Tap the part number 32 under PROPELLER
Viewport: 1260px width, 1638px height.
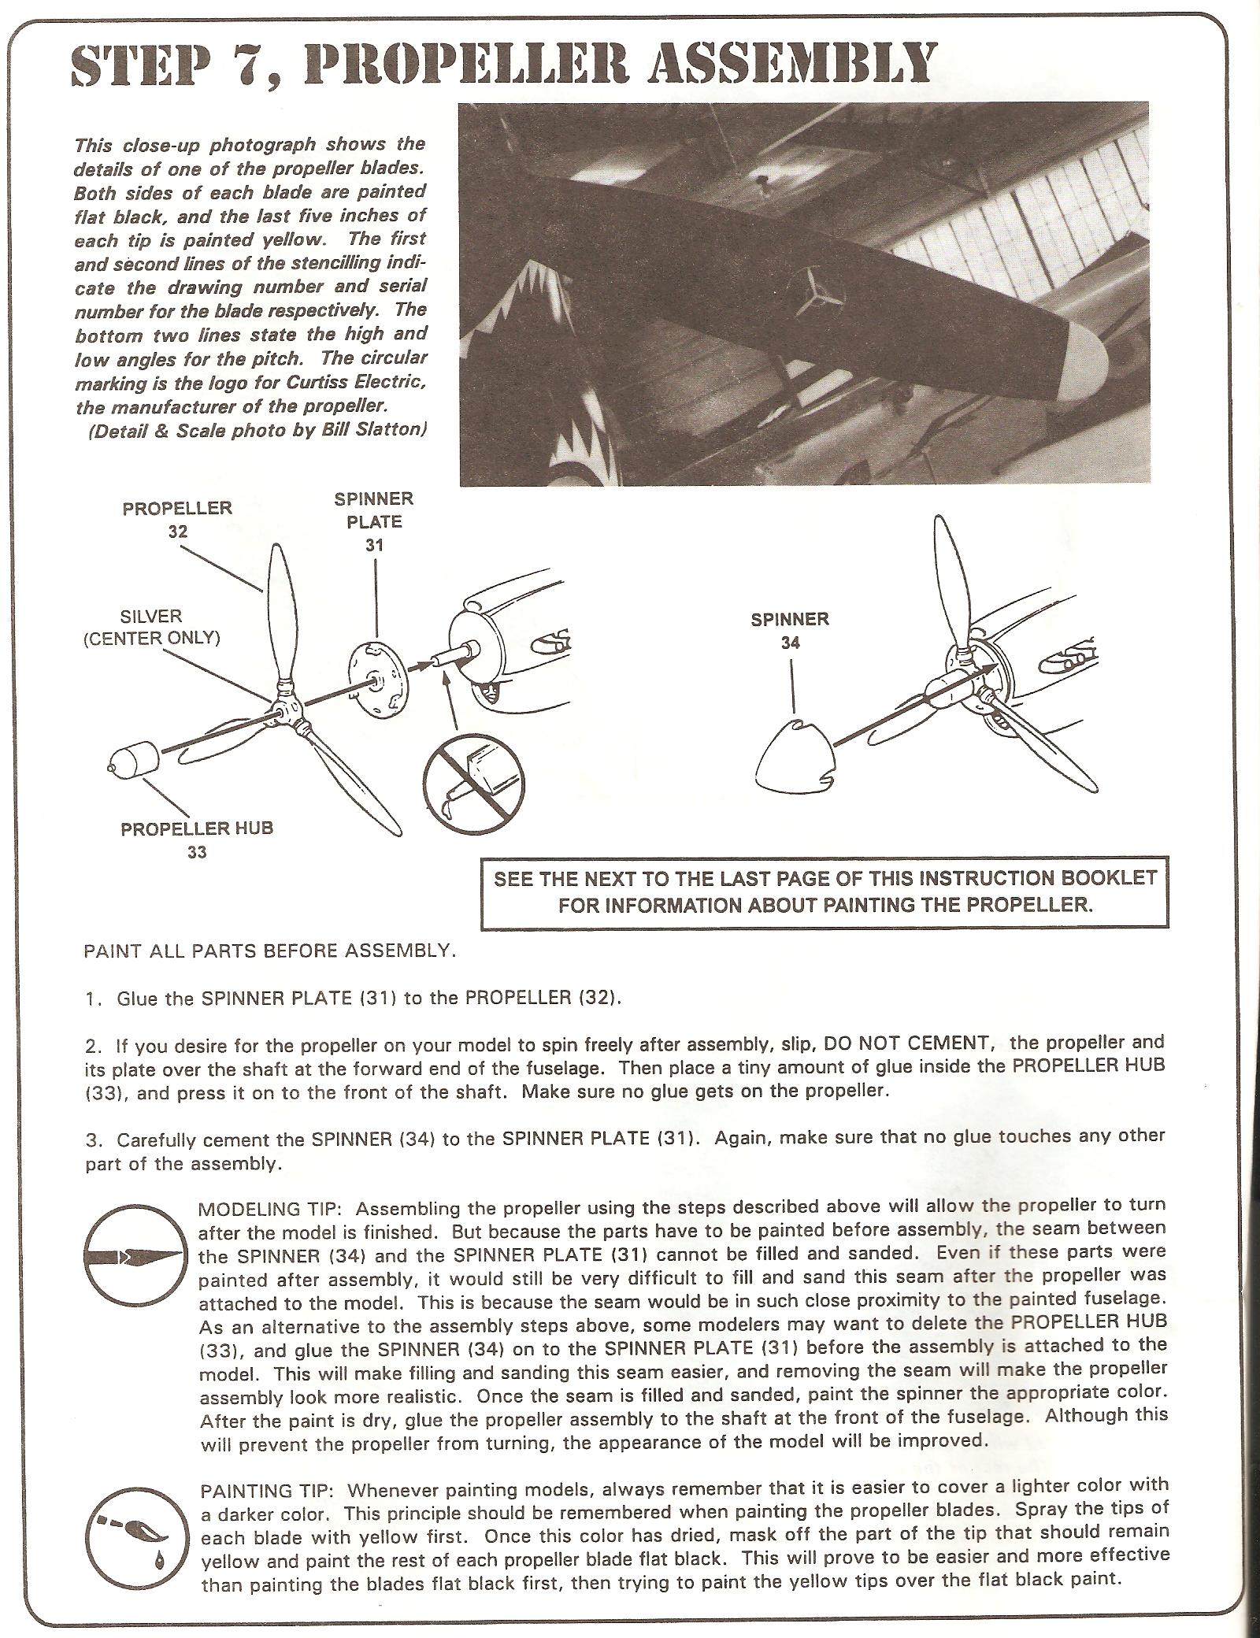(x=177, y=532)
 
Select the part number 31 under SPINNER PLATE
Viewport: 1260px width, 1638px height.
(x=374, y=544)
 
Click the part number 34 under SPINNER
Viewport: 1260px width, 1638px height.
(x=790, y=643)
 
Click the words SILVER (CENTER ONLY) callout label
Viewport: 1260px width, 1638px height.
(x=151, y=627)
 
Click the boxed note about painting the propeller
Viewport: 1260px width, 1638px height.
(x=825, y=891)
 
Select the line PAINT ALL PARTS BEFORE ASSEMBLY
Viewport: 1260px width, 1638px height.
(x=269, y=951)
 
